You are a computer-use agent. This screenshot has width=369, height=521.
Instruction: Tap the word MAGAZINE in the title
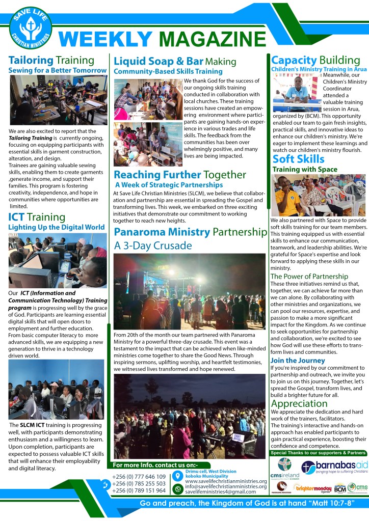(209, 39)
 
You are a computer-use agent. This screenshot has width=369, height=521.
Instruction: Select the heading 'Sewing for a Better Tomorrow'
(57, 70)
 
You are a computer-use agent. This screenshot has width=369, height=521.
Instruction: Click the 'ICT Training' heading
(37, 217)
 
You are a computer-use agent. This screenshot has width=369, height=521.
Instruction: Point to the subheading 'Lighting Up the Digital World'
(56, 227)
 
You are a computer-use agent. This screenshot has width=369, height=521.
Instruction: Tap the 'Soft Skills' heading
(298, 159)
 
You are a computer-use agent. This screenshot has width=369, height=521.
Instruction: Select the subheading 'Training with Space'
(305, 169)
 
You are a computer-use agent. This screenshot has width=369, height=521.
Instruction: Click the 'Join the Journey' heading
(297, 361)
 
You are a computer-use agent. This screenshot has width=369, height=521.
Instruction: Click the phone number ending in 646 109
(138, 477)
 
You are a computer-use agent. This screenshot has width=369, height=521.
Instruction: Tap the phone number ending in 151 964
(138, 490)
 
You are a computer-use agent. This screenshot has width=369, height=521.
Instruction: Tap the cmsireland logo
(285, 468)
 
